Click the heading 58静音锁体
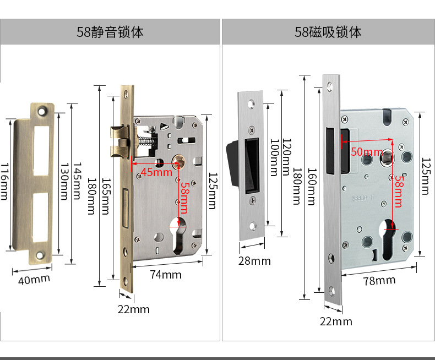pos(110,32)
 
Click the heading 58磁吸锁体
pos(328,32)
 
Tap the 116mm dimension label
pos(5,181)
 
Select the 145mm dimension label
pos(78,181)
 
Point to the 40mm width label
pos(34,279)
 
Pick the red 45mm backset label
pos(156,172)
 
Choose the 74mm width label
pos(166,274)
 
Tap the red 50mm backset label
pos(367,151)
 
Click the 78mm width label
pos(380,280)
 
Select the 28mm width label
pos(254,260)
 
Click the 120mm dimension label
pos(285,157)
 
